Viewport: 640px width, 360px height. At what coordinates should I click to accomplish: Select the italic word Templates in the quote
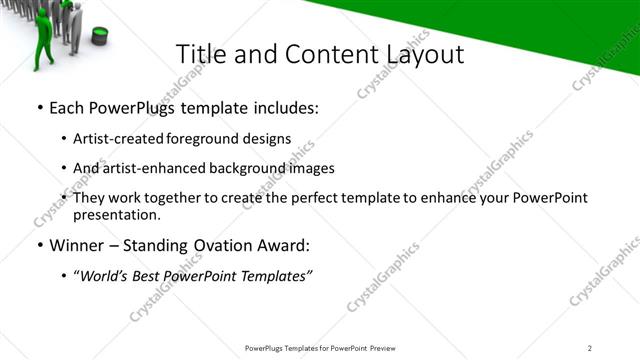click(276, 277)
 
